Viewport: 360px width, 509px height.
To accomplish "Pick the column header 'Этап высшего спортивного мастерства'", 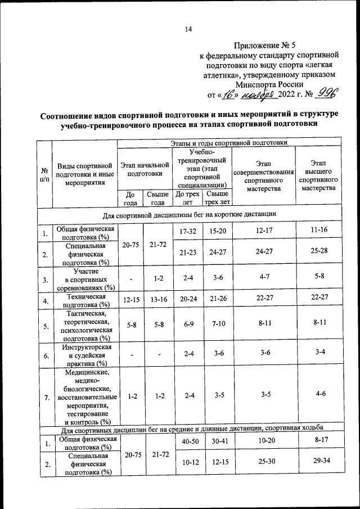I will (318, 174).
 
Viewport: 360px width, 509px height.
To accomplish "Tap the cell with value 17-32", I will (187, 232).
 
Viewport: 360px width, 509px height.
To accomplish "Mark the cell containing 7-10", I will (218, 326).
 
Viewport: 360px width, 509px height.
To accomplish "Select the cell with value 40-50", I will (187, 444).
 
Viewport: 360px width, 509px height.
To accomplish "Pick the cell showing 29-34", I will (318, 463).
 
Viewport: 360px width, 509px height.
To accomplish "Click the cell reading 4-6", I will (318, 397).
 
